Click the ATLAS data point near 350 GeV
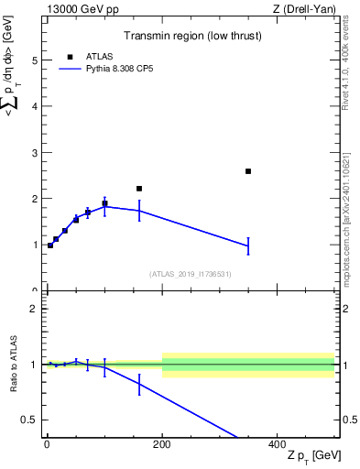[x=248, y=171]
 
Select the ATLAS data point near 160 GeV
[x=139, y=189]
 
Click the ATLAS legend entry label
[x=100, y=56]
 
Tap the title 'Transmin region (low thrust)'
[x=190, y=37]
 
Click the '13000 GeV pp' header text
[x=76, y=10]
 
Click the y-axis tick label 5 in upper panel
[x=35, y=60]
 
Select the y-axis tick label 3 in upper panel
[x=35, y=153]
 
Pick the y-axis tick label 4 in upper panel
[x=35, y=106]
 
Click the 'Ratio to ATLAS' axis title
[x=15, y=365]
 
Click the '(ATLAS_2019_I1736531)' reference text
[x=190, y=274]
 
